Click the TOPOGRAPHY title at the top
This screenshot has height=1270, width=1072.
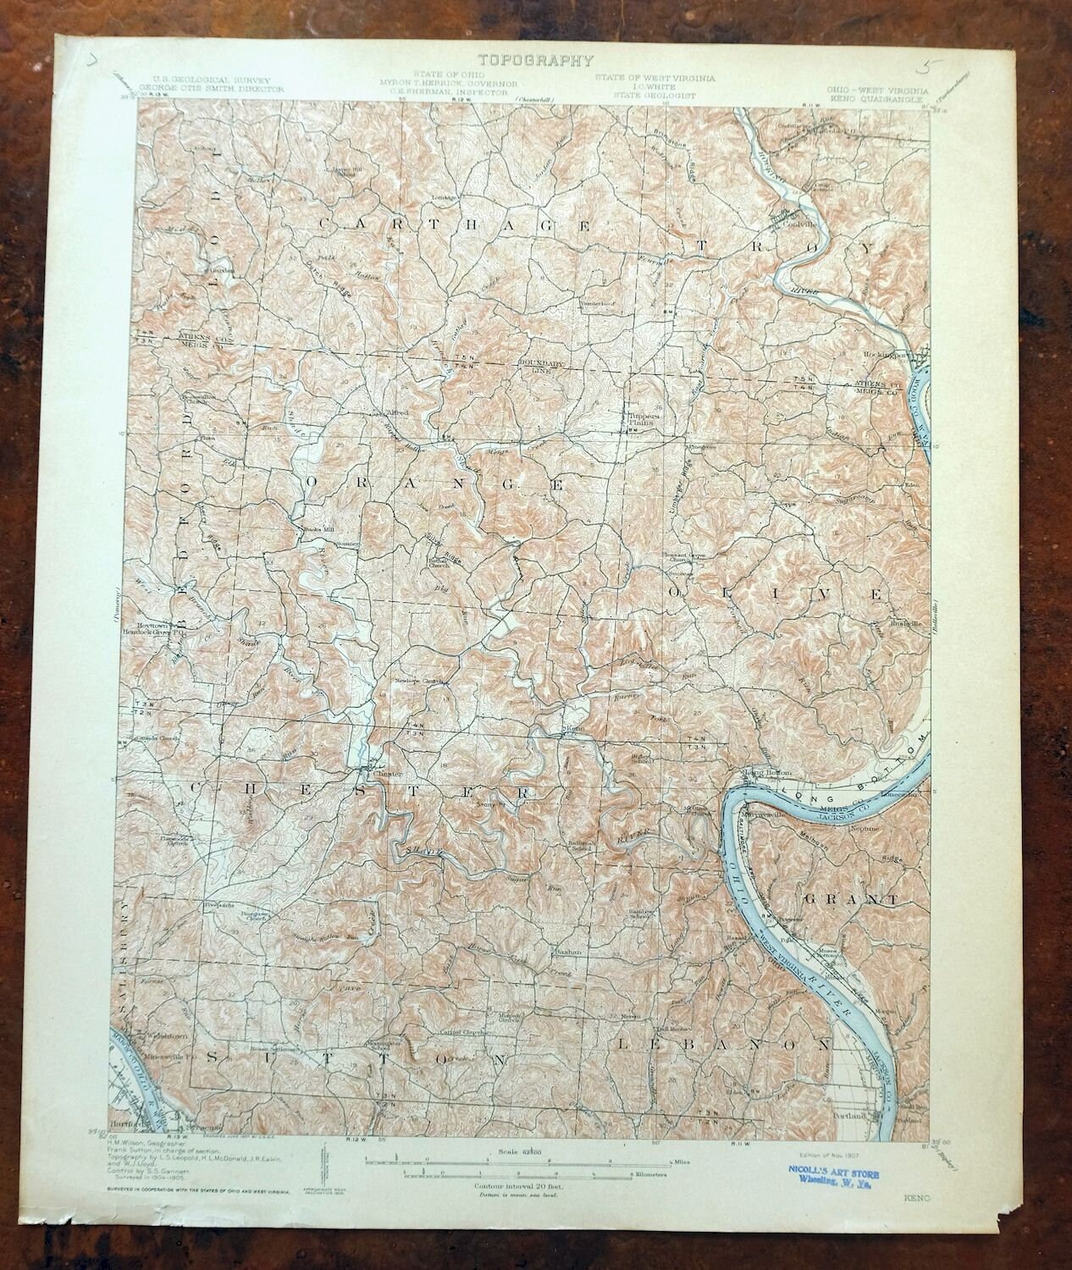535,60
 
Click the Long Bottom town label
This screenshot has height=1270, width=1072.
760,772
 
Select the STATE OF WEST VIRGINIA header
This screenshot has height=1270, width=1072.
654,78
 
